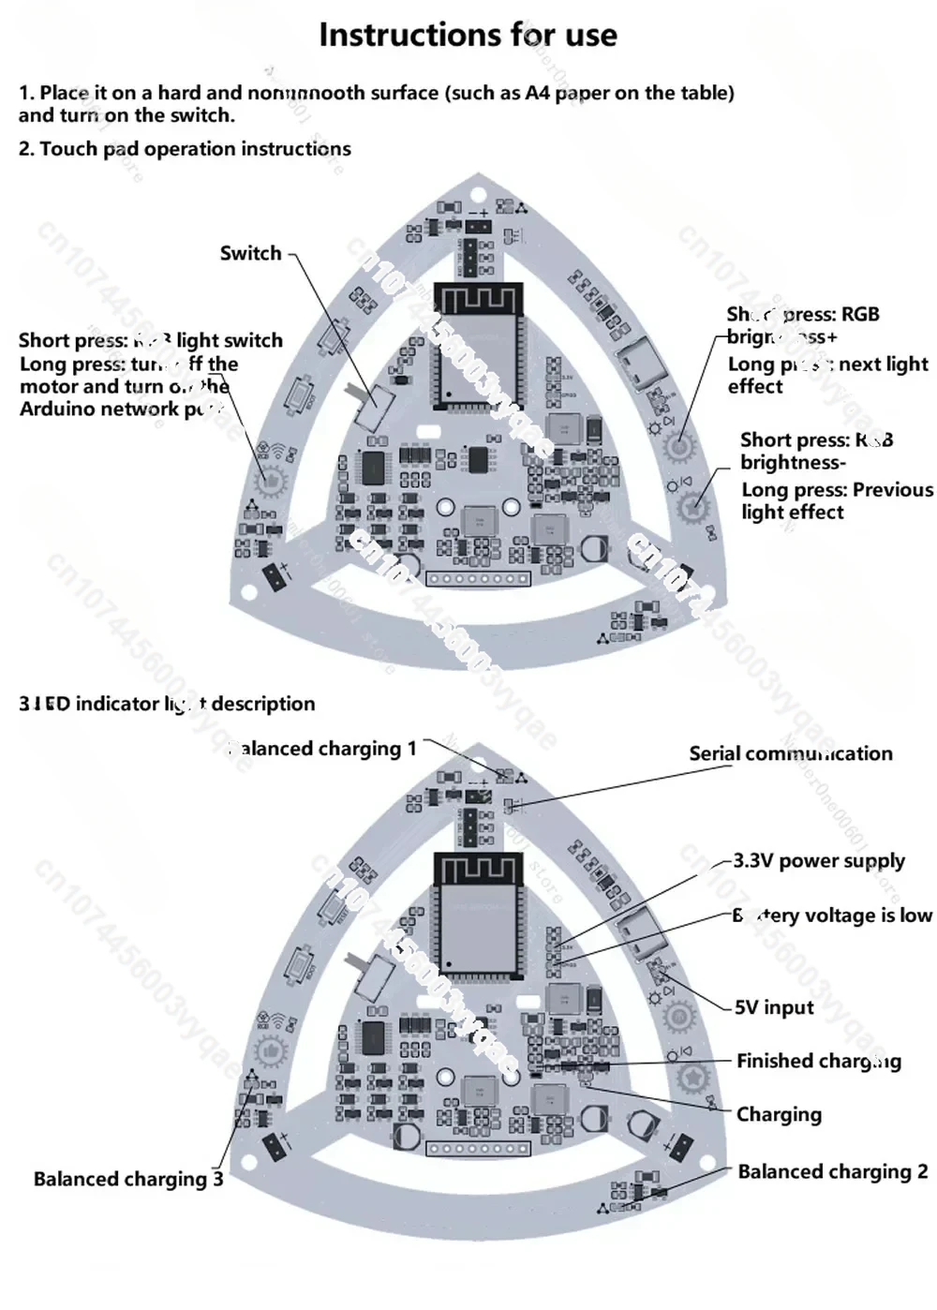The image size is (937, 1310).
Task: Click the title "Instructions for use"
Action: click(x=468, y=35)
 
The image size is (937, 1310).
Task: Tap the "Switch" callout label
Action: click(x=250, y=253)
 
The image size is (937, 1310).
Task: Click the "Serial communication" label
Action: click(x=790, y=753)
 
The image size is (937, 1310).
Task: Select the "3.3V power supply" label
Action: click(x=818, y=860)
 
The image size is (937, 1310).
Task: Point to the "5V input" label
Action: click(x=774, y=1007)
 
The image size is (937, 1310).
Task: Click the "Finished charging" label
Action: click(x=818, y=1061)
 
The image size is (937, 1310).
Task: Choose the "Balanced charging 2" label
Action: click(x=832, y=1171)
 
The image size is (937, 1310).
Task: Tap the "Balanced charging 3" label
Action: click(x=128, y=1179)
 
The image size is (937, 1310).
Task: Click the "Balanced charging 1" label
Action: click(x=322, y=749)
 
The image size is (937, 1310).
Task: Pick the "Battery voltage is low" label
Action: click(x=832, y=916)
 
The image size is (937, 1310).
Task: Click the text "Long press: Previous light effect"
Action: click(x=837, y=500)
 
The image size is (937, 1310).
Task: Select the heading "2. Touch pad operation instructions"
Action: click(x=185, y=149)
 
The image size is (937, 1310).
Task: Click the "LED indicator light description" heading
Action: click(x=167, y=704)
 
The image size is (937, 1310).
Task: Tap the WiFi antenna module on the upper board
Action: click(x=477, y=300)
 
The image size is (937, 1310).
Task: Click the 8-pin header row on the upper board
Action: click(x=478, y=579)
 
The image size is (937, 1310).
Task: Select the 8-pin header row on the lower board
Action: click(x=478, y=1149)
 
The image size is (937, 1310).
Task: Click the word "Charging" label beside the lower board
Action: click(x=779, y=1114)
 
